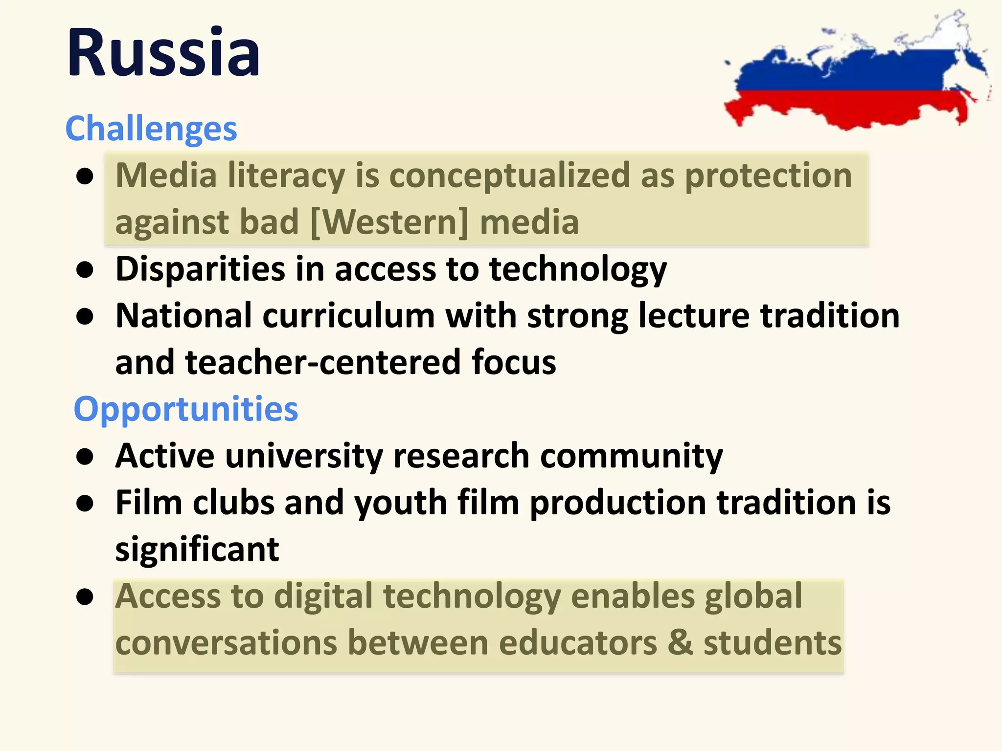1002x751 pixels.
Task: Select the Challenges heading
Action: click(151, 129)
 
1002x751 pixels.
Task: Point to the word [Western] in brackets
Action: click(389, 222)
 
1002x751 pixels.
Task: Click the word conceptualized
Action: click(509, 175)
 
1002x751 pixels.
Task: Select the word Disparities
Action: click(200, 269)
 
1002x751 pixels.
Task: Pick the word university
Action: click(304, 456)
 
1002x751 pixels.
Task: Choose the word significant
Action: click(197, 549)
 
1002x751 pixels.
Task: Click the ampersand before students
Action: click(680, 642)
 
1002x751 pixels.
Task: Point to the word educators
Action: click(578, 642)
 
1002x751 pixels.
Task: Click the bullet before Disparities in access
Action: click(85, 270)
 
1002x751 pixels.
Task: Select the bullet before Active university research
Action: click(85, 457)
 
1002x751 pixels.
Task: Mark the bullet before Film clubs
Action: click(85, 504)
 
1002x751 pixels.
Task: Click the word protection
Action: click(768, 175)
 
